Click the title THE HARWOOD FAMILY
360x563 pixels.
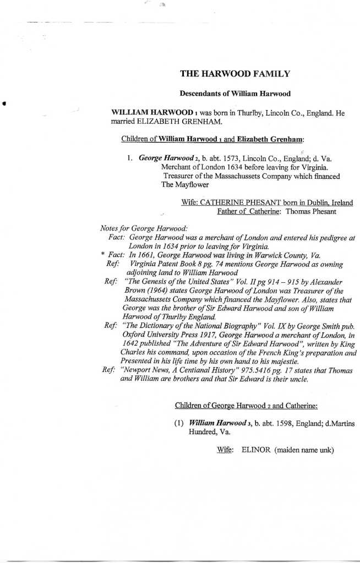(x=235, y=73)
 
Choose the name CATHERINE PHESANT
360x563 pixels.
(x=232, y=203)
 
